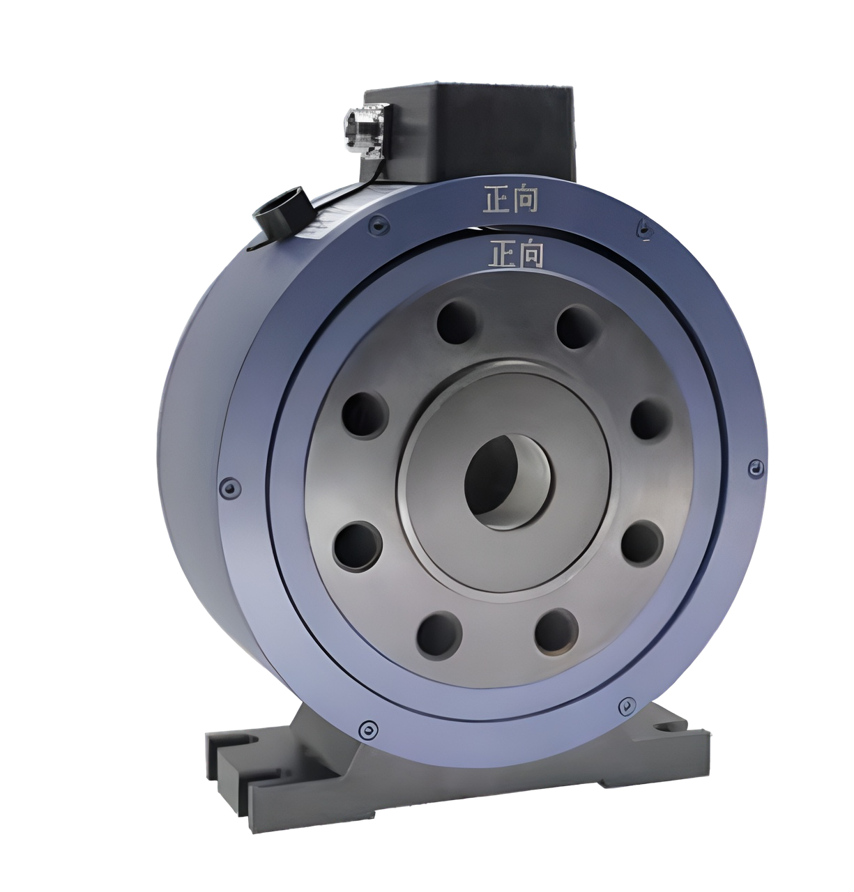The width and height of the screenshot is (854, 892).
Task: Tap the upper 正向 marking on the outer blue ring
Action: pyautogui.click(x=510, y=199)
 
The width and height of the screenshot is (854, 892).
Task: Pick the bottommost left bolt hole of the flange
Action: pyautogui.click(x=439, y=635)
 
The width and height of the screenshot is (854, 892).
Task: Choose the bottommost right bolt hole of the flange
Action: pyautogui.click(x=556, y=631)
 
